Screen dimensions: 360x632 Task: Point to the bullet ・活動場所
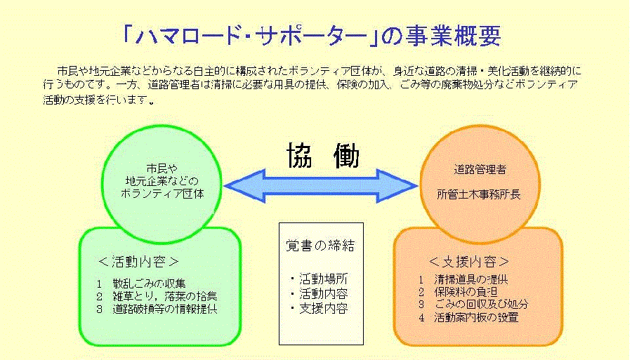[318, 279]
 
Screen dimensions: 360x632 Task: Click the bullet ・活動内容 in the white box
[318, 293]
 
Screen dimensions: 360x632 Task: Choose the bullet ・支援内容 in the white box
[318, 308]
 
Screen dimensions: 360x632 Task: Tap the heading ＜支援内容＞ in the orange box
[469, 262]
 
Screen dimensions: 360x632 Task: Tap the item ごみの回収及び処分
[482, 305]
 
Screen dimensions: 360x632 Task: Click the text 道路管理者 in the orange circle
[480, 169]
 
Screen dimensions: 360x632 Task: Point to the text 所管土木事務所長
[480, 191]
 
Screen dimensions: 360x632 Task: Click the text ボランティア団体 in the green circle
[162, 193]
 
